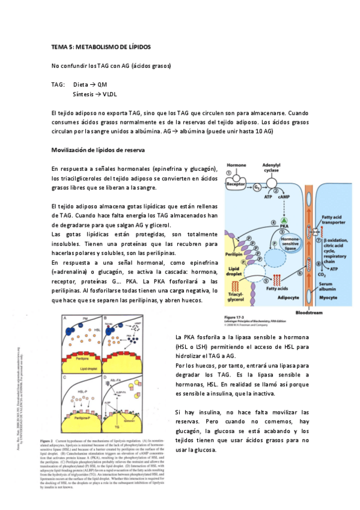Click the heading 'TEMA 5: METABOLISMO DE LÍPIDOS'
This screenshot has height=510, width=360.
(x=101, y=47)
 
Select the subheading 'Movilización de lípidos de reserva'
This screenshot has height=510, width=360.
(x=97, y=149)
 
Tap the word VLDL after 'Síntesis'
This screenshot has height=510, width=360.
(x=110, y=94)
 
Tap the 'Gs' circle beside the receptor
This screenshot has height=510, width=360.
(x=257, y=187)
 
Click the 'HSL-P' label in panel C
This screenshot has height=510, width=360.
(x=84, y=391)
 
